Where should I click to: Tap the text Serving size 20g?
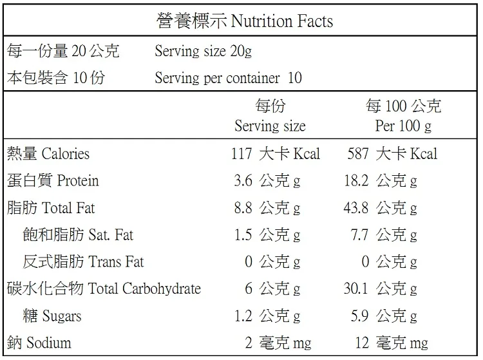[x=203, y=51]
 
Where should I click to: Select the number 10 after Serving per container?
[x=295, y=78]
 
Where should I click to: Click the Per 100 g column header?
[x=403, y=126]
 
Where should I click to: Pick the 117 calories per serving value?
[x=241, y=154]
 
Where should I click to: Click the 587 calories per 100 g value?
[x=358, y=154]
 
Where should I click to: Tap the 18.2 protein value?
[x=356, y=180]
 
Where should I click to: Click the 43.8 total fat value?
[x=356, y=207]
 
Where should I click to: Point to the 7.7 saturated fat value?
[x=359, y=234]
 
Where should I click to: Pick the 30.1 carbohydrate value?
[x=356, y=289]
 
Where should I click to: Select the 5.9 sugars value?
[x=359, y=316]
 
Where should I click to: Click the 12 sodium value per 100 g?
[x=362, y=343]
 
